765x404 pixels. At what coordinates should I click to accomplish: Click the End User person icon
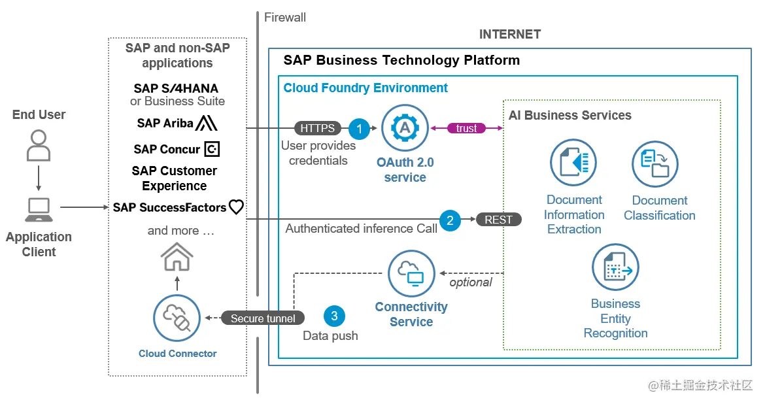click(39, 145)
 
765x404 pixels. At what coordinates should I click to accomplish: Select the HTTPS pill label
click(317, 128)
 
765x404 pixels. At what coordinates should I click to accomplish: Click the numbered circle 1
click(359, 128)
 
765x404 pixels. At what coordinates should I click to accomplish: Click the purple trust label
click(466, 128)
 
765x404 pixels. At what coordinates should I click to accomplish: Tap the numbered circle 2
click(450, 220)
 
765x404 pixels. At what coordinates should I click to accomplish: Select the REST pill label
click(498, 220)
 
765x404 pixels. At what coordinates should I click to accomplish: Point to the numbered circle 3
click(334, 317)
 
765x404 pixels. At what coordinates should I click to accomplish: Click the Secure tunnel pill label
click(263, 318)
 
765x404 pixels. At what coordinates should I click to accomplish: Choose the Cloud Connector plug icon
click(177, 318)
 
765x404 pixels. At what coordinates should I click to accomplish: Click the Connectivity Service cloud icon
click(411, 273)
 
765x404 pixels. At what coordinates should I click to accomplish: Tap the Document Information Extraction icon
click(573, 162)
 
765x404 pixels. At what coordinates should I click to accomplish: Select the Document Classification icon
click(654, 164)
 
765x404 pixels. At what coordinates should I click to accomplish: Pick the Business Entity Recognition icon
click(615, 267)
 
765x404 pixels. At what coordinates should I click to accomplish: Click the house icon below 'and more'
click(177, 256)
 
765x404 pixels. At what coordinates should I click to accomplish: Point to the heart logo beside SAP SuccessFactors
click(236, 207)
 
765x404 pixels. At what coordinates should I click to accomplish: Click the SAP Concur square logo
click(212, 149)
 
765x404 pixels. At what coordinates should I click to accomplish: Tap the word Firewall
click(285, 18)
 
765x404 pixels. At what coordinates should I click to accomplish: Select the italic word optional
click(471, 282)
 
